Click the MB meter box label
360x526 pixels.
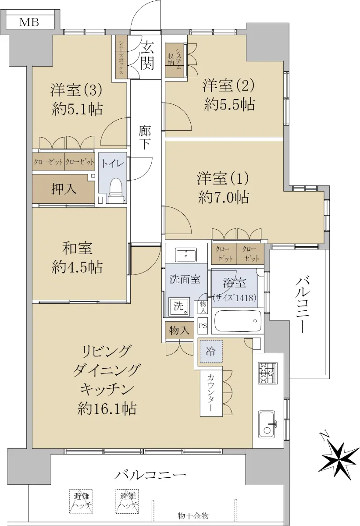click(29, 22)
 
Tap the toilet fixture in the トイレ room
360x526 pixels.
click(116, 191)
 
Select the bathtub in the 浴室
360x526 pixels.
click(237, 321)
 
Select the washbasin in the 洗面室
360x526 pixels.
click(186, 255)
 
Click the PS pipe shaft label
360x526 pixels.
click(203, 326)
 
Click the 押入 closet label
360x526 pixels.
click(64, 189)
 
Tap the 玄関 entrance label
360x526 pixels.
click(147, 55)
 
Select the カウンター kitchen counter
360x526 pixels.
click(211, 392)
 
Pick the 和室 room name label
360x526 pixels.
click(77, 248)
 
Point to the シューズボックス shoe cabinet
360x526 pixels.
click(121, 57)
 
